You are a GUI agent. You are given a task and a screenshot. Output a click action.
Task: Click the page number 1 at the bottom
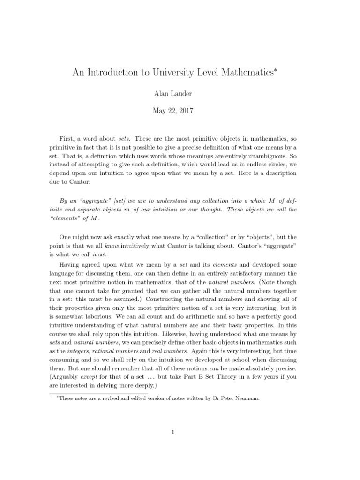pos(172,432)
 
